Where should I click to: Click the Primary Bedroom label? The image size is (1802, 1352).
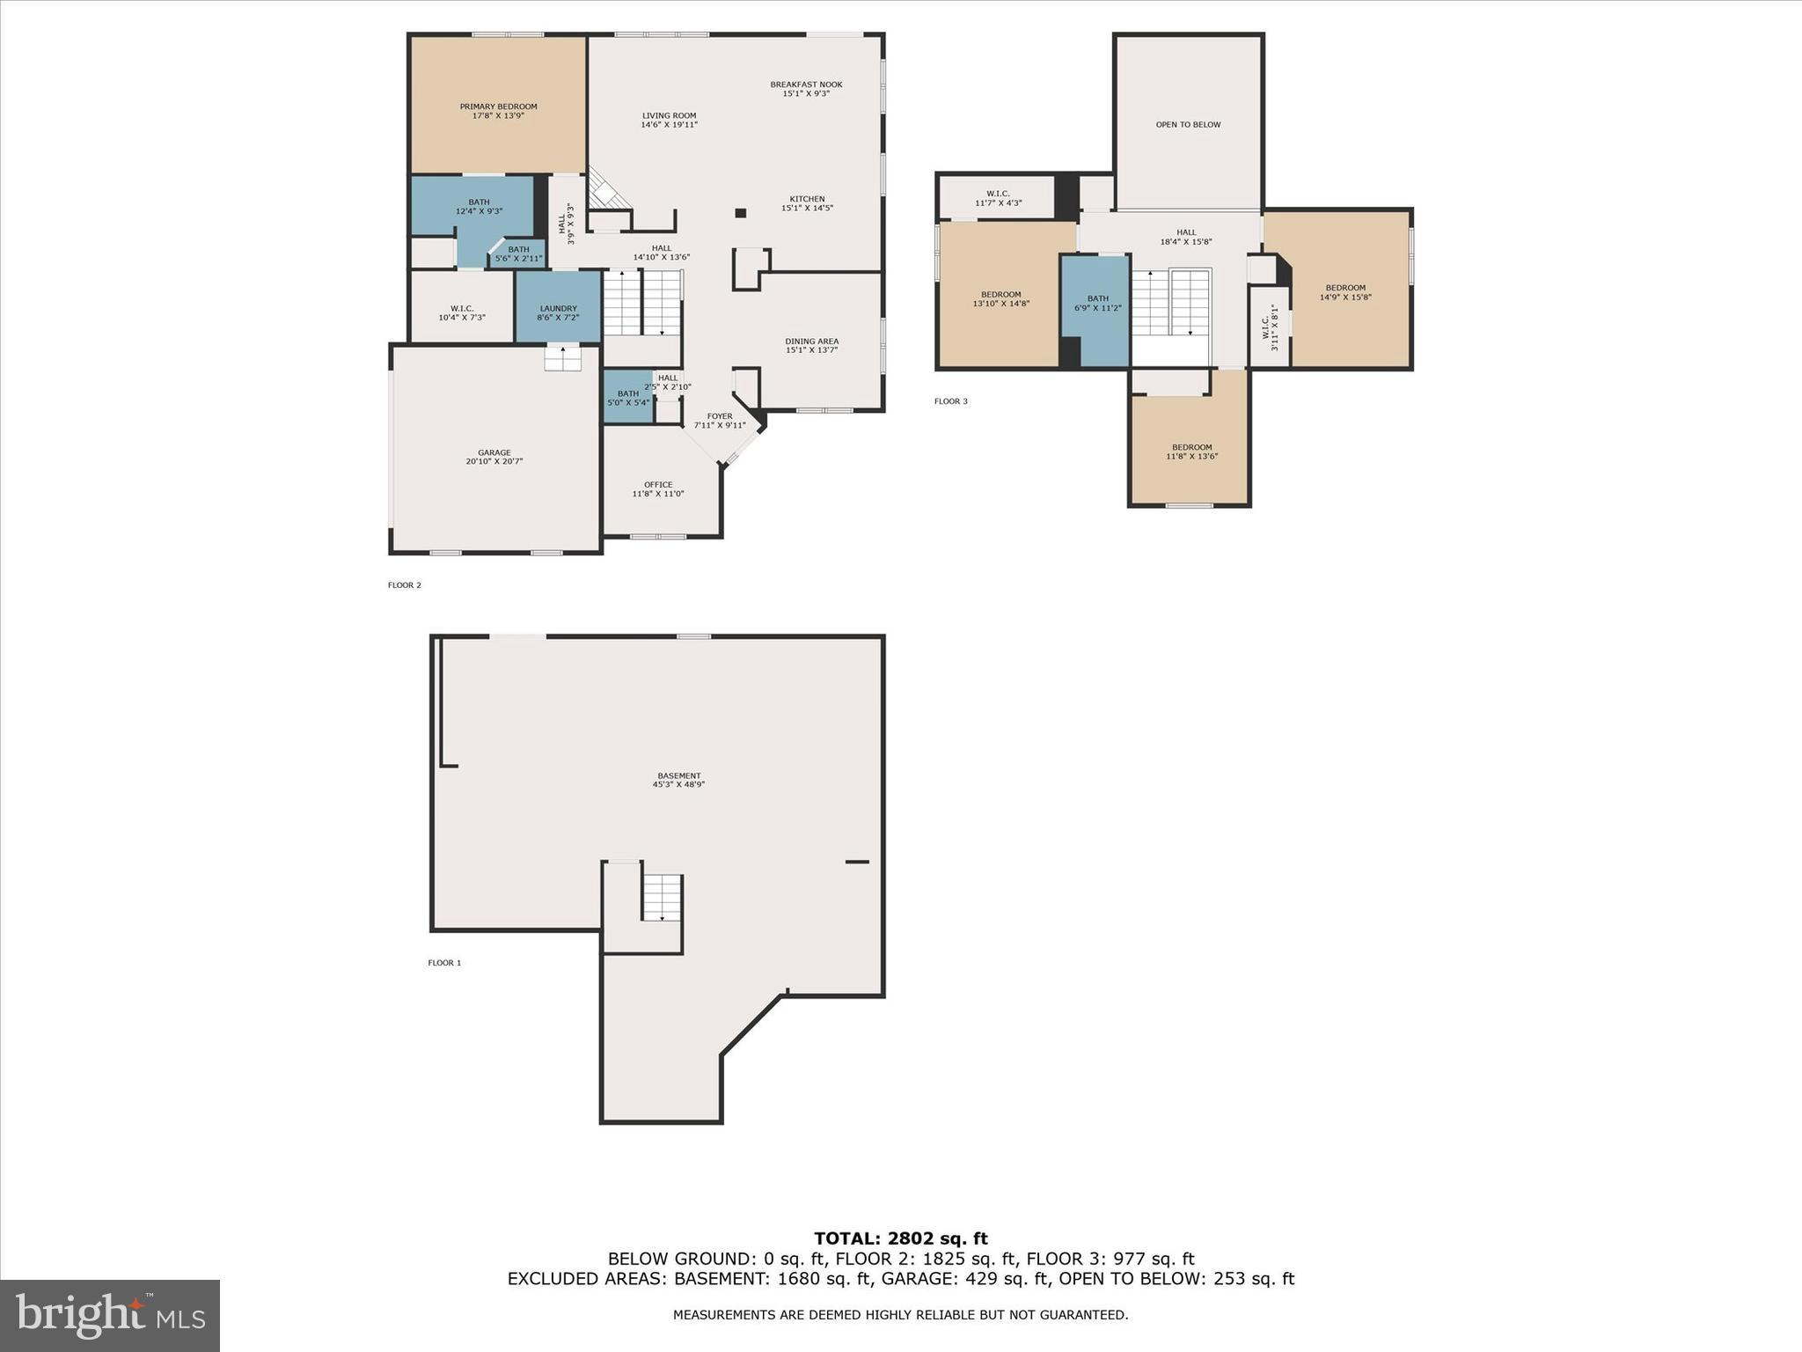498,107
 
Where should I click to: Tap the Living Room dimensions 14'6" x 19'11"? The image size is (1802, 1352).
669,125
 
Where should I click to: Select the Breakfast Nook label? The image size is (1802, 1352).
806,84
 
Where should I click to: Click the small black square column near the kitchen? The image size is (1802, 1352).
741,213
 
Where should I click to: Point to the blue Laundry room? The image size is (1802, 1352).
558,307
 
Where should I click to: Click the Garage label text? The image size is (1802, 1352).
494,452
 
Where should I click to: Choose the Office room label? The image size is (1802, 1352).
658,485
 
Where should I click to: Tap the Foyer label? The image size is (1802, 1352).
720,416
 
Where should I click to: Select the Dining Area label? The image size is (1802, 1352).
811,342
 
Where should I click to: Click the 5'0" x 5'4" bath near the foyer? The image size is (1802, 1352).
627,398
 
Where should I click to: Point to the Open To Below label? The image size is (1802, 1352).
1188,124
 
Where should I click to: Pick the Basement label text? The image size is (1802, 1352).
678,776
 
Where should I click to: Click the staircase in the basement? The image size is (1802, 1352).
662,898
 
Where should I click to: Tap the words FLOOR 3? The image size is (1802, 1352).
950,401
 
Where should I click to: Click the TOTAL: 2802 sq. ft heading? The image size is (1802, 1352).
900,1239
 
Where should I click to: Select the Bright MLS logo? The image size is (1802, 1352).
110,1316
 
